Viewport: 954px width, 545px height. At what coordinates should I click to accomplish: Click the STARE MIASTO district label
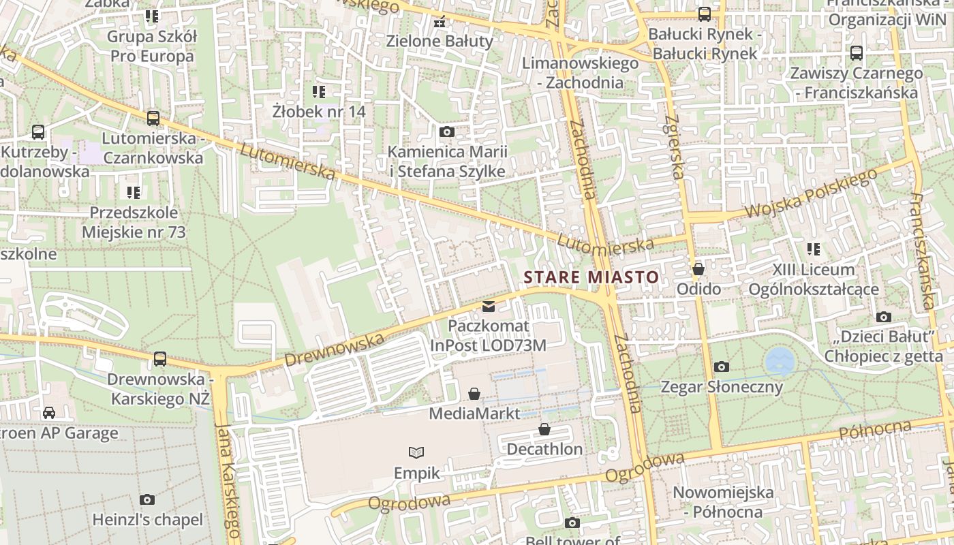coord(591,277)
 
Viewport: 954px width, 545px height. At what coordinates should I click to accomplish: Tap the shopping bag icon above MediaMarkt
coord(474,394)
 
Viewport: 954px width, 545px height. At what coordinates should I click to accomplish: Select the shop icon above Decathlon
coord(544,429)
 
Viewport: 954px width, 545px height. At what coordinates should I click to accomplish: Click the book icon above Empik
coord(416,452)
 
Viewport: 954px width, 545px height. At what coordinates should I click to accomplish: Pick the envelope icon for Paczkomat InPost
coord(489,307)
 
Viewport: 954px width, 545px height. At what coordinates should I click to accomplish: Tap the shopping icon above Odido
coord(698,269)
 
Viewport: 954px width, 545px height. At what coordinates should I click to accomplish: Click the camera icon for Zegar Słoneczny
coord(722,367)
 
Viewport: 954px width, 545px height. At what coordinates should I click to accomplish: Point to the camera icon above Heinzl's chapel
coord(147,500)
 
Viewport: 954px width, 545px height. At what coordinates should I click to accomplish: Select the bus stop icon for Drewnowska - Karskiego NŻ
coord(160,358)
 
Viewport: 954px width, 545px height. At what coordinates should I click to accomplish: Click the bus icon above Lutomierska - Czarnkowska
coord(153,118)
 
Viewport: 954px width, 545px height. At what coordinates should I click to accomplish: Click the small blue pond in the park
coord(780,360)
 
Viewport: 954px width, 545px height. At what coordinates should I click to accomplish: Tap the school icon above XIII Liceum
coord(813,249)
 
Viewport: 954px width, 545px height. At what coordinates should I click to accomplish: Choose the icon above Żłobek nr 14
coord(318,91)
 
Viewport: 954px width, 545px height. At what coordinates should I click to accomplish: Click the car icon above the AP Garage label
coord(49,412)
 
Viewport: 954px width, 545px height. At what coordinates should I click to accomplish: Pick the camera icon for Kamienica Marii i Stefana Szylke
coord(447,131)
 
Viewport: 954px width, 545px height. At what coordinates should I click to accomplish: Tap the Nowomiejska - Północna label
coord(723,502)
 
